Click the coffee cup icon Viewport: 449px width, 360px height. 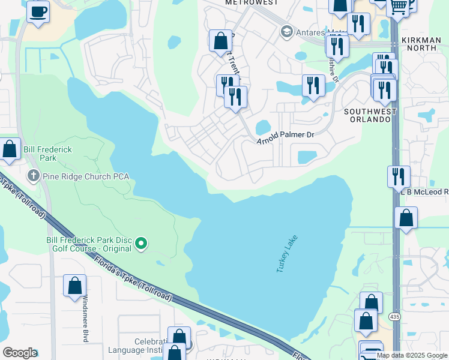click(x=38, y=12)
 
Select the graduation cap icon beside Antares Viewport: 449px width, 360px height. click(x=287, y=31)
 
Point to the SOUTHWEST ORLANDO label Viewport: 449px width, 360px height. click(x=367, y=115)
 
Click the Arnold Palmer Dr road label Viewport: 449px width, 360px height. click(x=286, y=137)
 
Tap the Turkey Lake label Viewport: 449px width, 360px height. click(x=287, y=254)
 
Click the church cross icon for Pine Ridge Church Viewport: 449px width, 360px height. click(x=34, y=176)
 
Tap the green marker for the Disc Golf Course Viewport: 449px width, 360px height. click(x=141, y=243)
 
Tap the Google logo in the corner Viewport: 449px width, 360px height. click(x=19, y=353)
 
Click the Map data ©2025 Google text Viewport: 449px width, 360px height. click(x=412, y=355)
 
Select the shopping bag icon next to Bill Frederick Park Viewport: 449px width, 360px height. click(x=10, y=149)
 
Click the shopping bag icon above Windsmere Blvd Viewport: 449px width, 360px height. click(x=74, y=286)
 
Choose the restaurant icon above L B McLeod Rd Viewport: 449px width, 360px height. click(x=399, y=176)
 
